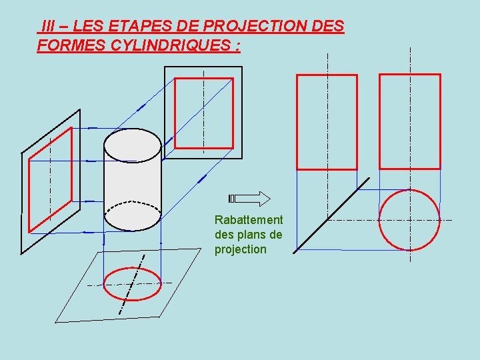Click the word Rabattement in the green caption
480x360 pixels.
(248, 220)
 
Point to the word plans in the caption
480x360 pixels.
(251, 235)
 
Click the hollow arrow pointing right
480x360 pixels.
(250, 198)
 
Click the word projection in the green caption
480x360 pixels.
(241, 249)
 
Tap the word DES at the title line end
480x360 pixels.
(328, 27)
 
